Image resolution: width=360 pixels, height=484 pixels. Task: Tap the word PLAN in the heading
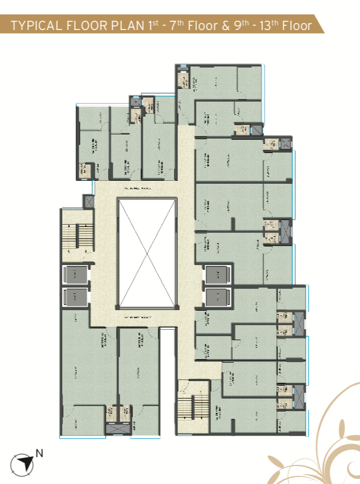121,26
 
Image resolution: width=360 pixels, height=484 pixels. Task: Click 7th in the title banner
171,25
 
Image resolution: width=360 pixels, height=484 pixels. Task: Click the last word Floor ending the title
296,26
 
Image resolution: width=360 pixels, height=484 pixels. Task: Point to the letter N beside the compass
39,453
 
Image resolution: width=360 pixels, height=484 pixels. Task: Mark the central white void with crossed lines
147,253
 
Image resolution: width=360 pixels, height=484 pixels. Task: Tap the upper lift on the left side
75,275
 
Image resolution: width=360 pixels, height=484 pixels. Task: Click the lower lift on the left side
75,297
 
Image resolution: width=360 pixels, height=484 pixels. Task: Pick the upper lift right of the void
217,275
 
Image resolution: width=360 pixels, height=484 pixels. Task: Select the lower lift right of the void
217,297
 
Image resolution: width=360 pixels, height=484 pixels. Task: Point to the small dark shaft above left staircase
88,202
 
